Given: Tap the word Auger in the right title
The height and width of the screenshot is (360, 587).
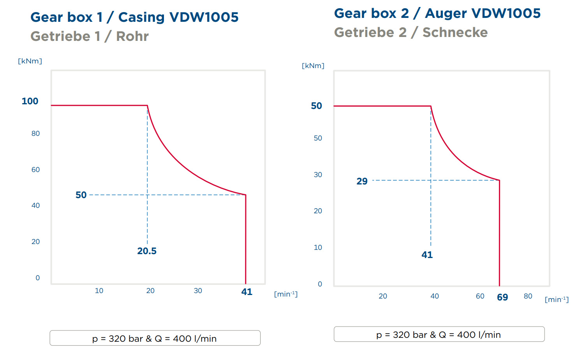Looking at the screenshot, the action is pos(446,14).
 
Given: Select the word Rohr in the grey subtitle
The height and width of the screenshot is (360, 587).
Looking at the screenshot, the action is pos(132,36).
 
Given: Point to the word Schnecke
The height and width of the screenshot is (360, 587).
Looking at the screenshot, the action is pos(455,32).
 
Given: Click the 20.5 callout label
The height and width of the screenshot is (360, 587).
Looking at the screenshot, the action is pos(147,251).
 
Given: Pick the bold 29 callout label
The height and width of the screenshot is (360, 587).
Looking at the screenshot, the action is pos(362,181).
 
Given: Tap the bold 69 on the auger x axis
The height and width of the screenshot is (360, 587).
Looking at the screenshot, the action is pos(502,297).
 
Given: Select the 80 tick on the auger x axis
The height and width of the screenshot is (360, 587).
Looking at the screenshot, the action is pos(528,296).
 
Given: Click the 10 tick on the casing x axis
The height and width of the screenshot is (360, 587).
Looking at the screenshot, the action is pos(99,291).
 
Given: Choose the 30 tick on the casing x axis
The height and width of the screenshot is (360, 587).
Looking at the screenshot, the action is pos(198,291).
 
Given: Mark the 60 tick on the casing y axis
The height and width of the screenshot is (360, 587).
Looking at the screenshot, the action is pos(35,170).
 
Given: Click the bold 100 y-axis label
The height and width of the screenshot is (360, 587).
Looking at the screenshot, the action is pos(30,101).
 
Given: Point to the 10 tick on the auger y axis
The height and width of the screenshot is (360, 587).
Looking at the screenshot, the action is pos(318,248).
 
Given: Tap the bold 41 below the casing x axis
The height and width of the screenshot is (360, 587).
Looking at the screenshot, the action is pos(247,292).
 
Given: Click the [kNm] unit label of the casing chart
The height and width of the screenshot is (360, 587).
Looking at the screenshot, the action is pos(30,61).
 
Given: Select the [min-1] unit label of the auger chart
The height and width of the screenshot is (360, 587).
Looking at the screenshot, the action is pos(557,299).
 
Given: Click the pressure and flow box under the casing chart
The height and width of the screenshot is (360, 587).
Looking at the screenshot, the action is pos(155,338).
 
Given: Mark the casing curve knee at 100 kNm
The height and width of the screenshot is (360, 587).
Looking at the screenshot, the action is pos(147,105).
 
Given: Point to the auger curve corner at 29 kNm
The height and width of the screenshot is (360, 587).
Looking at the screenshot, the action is pos(499,181).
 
